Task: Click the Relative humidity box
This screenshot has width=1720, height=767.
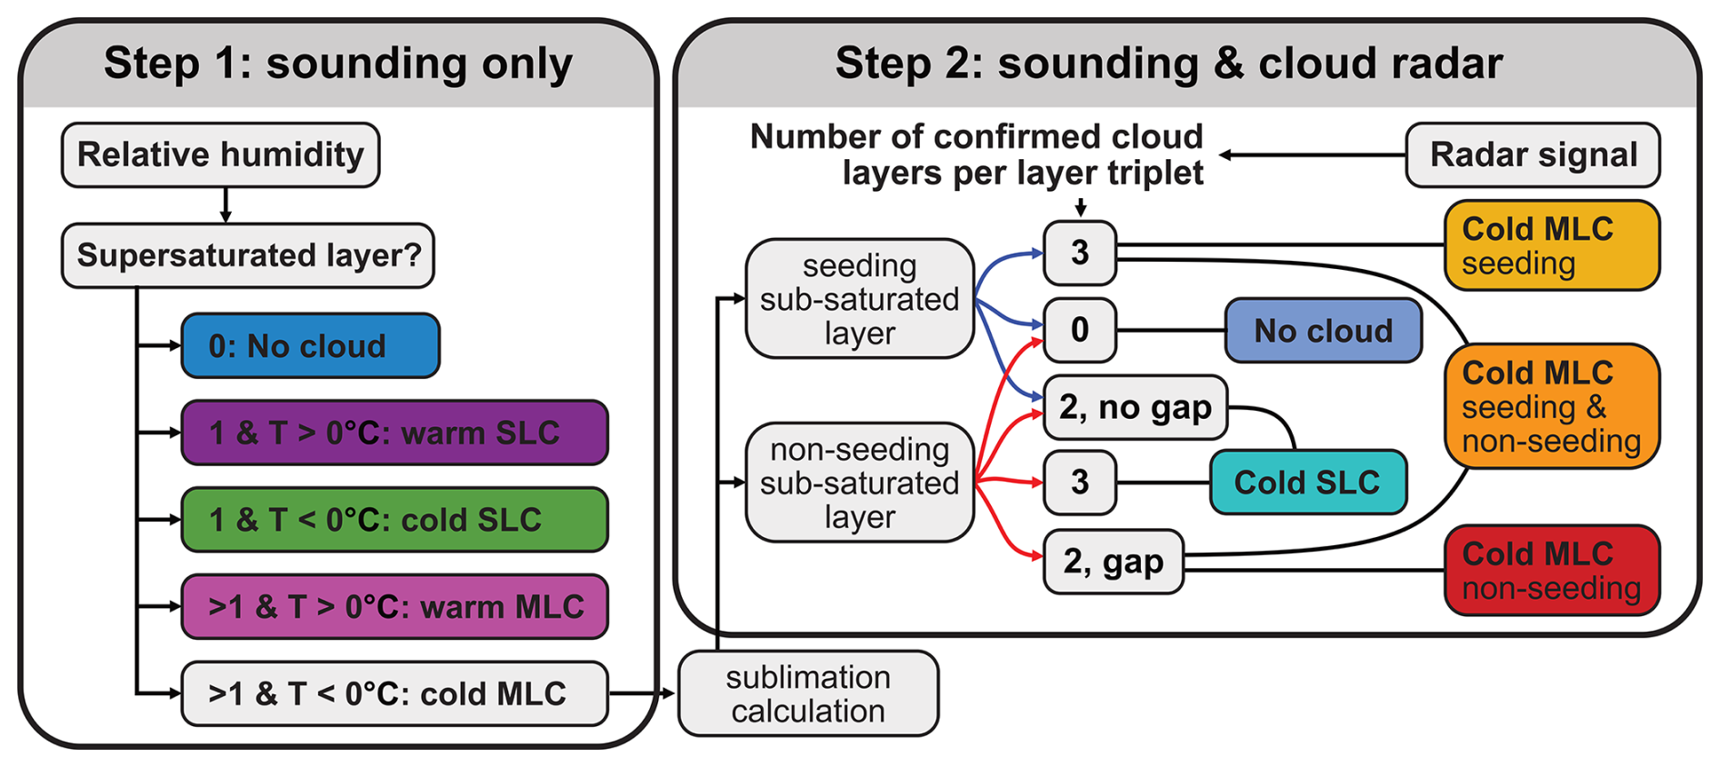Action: point(220,155)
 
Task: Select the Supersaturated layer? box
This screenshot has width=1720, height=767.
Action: point(247,255)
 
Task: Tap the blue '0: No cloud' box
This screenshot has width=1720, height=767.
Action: point(310,345)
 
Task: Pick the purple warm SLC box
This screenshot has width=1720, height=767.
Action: point(395,433)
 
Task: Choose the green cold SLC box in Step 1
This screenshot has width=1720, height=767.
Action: point(395,520)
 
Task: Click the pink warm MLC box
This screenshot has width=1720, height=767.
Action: point(395,606)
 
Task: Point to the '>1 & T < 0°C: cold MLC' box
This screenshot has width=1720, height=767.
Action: point(395,693)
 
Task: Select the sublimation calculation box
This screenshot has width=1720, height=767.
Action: point(808,693)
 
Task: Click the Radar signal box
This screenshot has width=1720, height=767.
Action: point(1533,155)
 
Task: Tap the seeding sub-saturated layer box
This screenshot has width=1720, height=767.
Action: point(859,299)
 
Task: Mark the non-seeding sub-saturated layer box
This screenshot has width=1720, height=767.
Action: point(859,483)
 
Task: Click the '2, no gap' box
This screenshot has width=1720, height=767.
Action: point(1135,407)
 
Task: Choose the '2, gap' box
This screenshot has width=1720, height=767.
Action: point(1113,562)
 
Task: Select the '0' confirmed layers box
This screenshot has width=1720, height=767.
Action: point(1080,330)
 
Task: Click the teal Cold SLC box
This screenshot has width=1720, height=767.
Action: point(1307,482)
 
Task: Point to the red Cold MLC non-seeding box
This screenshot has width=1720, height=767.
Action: point(1552,571)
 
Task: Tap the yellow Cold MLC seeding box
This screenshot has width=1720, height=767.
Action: point(1552,245)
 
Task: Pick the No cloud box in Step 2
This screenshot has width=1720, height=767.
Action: point(1323,331)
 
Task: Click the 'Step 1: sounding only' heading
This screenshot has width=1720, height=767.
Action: point(338,64)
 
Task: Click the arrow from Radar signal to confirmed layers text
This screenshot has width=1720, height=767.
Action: point(1313,155)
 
